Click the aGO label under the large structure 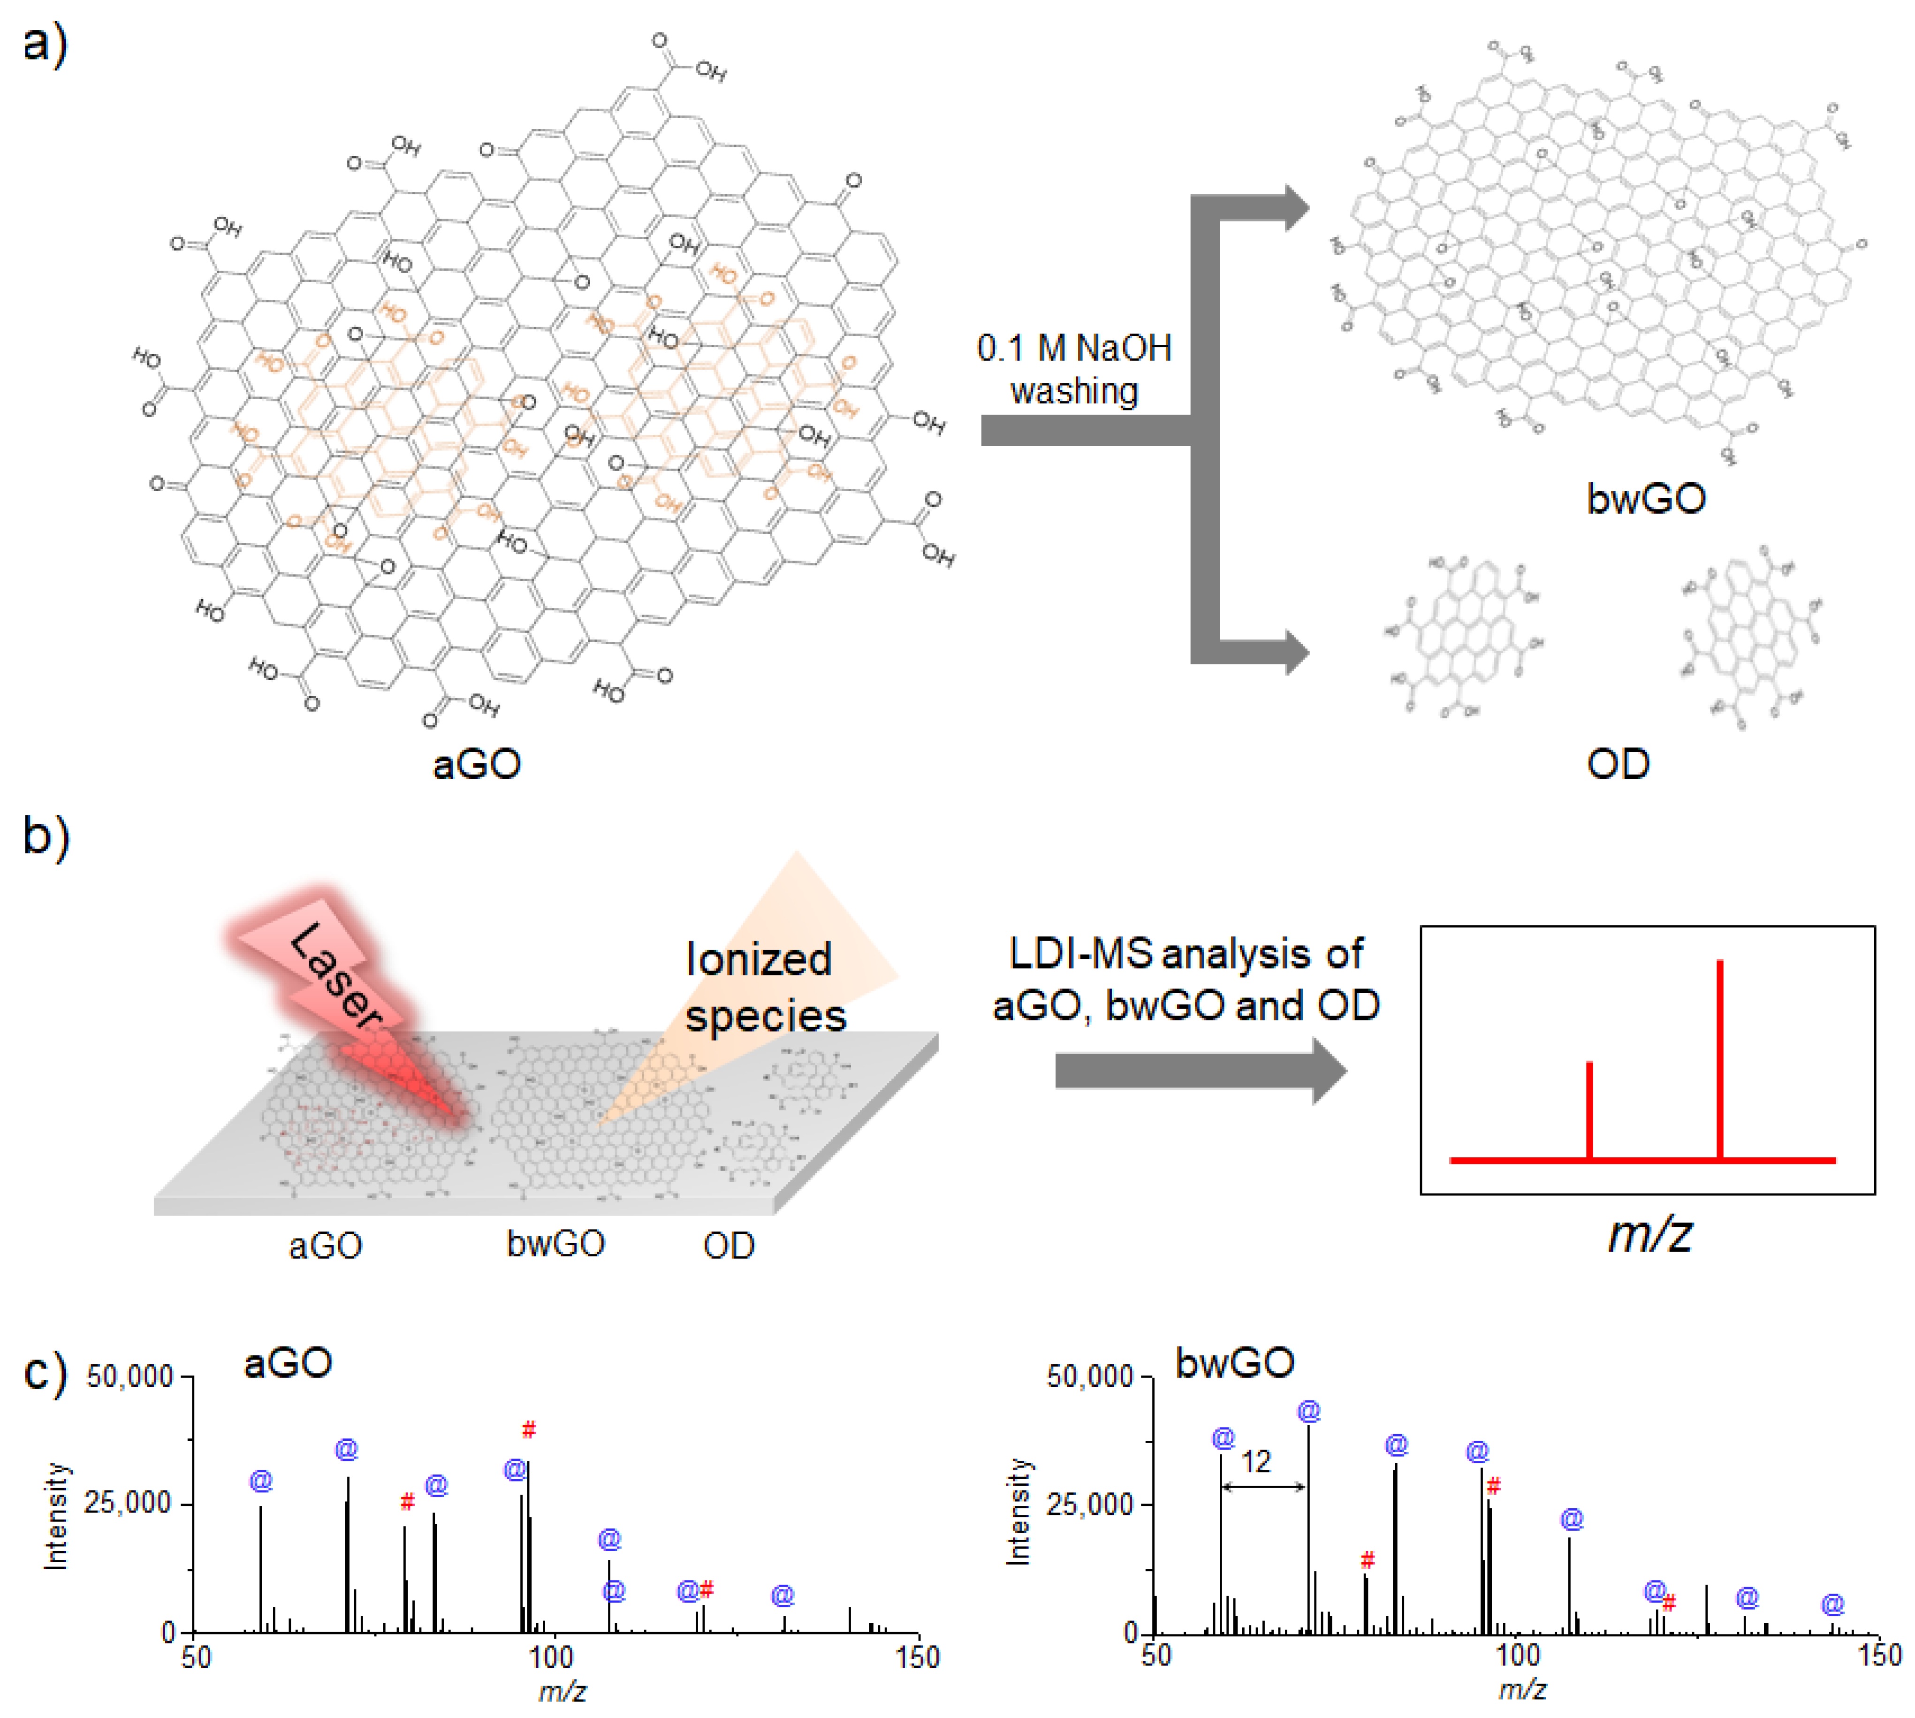pyautogui.click(x=477, y=763)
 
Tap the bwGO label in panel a pyautogui.click(x=1645, y=497)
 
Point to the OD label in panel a pyautogui.click(x=1618, y=763)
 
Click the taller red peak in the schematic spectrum pyautogui.click(x=1720, y=1057)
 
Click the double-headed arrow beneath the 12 pyautogui.click(x=1263, y=1487)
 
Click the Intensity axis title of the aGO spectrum pyautogui.click(x=57, y=1515)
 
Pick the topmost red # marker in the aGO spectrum pyautogui.click(x=529, y=1430)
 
